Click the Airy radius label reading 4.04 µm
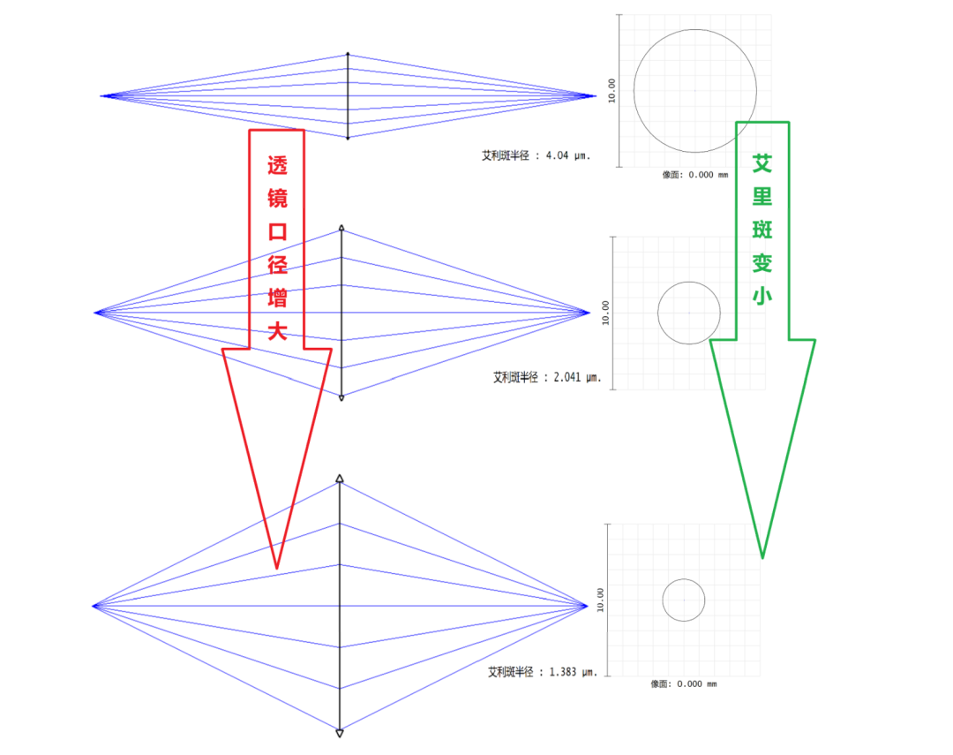coord(535,155)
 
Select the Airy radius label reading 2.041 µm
coord(546,377)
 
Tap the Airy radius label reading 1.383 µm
coord(543,672)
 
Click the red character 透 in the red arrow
coord(277,167)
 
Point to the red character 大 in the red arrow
coord(277,332)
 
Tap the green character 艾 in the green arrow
coord(762,163)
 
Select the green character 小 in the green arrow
coord(762,294)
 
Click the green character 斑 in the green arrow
coord(762,229)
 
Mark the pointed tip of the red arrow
coord(276,567)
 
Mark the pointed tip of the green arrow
coord(762,557)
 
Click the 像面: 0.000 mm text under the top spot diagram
coord(695,175)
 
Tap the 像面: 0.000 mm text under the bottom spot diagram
coord(684,684)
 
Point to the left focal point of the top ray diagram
coord(101,95)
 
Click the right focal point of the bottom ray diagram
coord(588,605)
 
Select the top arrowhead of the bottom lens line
coord(340,479)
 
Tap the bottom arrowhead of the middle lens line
coord(341,398)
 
